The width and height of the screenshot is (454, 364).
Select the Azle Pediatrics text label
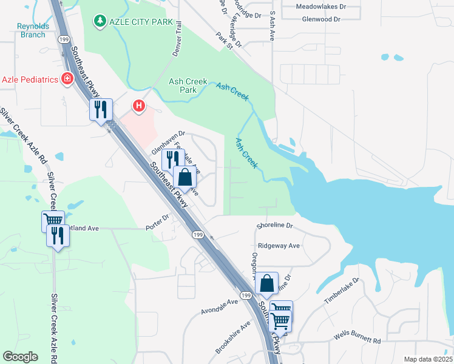(x=29, y=79)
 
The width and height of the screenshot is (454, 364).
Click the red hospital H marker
(x=140, y=107)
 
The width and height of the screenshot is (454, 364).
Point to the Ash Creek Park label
(x=188, y=86)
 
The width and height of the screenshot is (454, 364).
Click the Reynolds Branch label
(x=31, y=30)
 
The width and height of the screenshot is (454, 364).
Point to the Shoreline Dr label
(x=275, y=225)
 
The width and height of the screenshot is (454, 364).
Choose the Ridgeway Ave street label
(x=279, y=246)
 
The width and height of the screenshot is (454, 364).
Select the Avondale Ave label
(x=220, y=307)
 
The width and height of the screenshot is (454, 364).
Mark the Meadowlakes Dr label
(x=320, y=7)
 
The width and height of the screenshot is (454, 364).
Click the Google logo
(x=20, y=357)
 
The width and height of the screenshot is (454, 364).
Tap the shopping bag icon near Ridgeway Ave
(x=266, y=283)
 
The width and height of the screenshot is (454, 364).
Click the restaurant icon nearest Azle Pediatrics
(x=101, y=110)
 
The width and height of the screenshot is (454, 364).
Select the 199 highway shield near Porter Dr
(x=197, y=234)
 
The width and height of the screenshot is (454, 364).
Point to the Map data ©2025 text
(x=429, y=360)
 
